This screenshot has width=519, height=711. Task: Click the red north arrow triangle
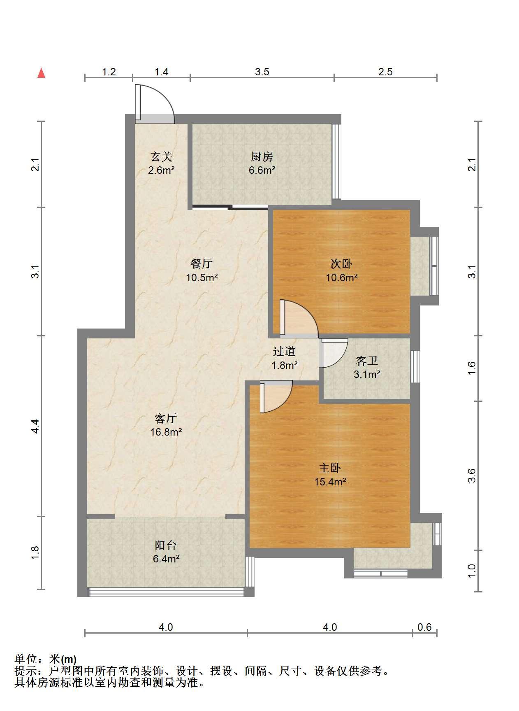click(x=41, y=73)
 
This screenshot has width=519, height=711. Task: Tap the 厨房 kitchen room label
click(x=262, y=156)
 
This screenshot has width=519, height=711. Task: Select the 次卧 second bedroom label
click(x=341, y=264)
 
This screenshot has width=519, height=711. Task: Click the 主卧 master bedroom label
click(x=330, y=468)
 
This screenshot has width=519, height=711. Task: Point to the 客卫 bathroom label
click(x=367, y=361)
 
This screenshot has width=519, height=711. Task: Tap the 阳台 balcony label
click(x=166, y=545)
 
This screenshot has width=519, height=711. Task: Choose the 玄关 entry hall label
click(x=161, y=156)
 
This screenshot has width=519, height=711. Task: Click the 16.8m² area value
click(x=166, y=432)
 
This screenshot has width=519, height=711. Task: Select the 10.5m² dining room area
click(x=202, y=277)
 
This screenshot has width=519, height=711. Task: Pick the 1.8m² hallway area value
click(x=284, y=365)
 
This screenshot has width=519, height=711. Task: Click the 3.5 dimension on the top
click(x=262, y=72)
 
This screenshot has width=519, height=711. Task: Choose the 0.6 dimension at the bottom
click(x=424, y=627)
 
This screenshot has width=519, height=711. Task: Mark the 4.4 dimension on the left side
click(x=36, y=426)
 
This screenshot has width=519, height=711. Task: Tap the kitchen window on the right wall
click(x=336, y=161)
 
